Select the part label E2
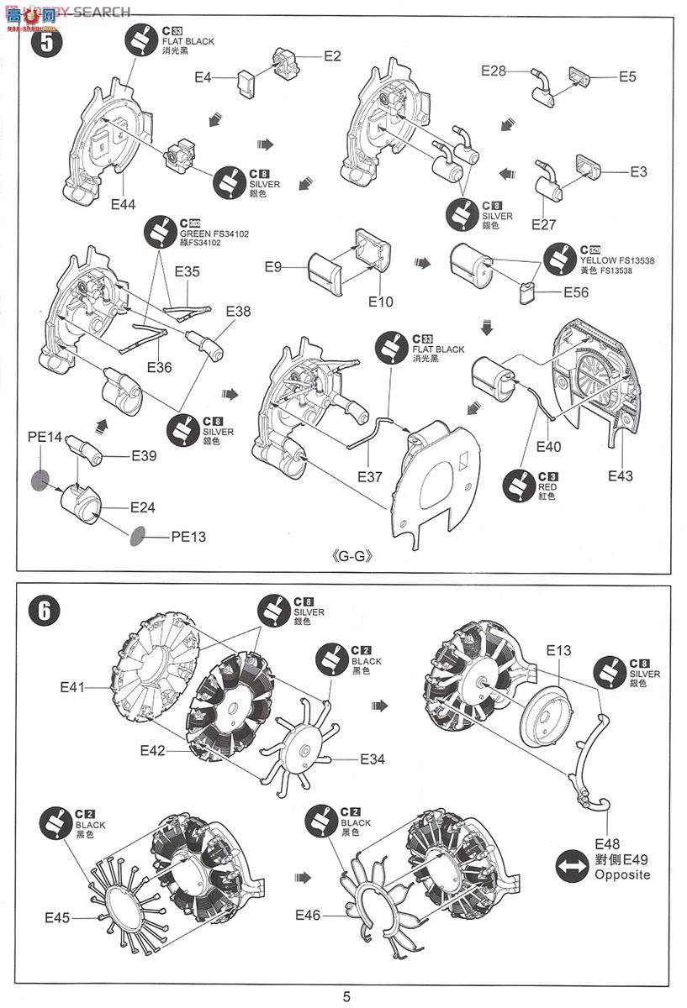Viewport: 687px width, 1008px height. point(333,56)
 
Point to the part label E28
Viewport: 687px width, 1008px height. point(494,71)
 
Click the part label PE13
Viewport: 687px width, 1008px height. point(188,536)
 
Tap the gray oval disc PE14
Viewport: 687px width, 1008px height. point(40,480)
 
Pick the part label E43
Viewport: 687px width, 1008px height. point(621,476)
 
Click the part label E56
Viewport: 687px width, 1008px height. point(576,293)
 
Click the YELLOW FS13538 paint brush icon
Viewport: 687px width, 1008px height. point(561,256)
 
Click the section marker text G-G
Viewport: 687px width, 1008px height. point(352,557)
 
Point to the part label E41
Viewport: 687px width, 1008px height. point(73,686)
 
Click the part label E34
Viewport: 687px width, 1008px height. point(373,759)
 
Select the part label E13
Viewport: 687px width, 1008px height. point(558,650)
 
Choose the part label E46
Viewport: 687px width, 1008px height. point(309,915)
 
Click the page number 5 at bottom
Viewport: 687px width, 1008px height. point(346,996)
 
